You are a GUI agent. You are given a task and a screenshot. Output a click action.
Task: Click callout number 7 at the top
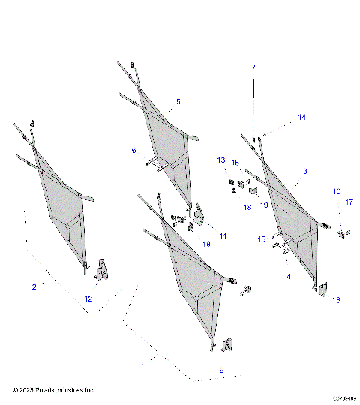(x=253, y=67)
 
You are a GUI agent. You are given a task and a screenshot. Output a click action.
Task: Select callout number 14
(x=302, y=117)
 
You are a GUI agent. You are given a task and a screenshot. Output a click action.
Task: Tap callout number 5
(x=178, y=101)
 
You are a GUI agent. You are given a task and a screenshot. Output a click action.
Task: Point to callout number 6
(x=134, y=151)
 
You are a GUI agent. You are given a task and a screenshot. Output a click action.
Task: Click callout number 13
(x=221, y=160)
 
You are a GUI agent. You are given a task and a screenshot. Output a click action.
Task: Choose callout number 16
(x=235, y=163)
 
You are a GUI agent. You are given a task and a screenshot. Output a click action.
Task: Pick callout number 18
(x=247, y=208)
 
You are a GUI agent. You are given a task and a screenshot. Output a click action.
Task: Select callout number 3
(x=305, y=172)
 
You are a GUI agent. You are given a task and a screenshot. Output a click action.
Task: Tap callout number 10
(x=337, y=192)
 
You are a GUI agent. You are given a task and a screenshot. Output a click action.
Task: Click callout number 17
(x=349, y=202)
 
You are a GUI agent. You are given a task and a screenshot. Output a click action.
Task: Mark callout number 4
(x=289, y=276)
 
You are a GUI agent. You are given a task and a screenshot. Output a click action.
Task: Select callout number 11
(x=223, y=236)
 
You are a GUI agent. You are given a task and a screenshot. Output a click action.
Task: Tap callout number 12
(x=88, y=299)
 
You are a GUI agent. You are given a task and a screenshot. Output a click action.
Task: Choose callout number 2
(x=34, y=286)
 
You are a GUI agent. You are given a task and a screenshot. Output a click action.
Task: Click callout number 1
(x=142, y=365)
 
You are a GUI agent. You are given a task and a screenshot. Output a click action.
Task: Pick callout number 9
(x=221, y=370)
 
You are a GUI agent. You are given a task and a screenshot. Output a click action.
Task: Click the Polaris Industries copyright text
(x=54, y=390)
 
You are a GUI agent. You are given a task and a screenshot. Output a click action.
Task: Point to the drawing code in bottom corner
(x=345, y=398)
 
